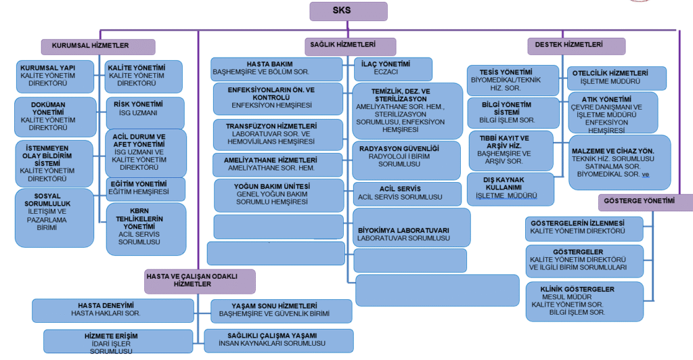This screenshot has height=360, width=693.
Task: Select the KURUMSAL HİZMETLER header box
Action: coord(99,46)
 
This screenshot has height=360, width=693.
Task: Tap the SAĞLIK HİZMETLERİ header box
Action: coord(349,45)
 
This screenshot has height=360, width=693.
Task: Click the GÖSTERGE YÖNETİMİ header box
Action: coord(645,202)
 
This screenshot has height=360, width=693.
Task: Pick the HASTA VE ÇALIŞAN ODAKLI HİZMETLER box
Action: coord(200,281)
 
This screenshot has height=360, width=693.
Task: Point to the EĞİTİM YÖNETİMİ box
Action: coord(145,189)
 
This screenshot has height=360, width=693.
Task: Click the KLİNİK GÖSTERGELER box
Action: coord(584,301)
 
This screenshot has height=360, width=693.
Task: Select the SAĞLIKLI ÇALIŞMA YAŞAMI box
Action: coord(277,339)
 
